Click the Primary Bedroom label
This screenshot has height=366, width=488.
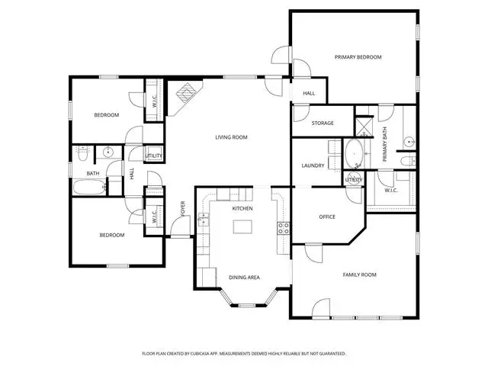coord(358,57)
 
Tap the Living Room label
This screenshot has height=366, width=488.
coord(231,137)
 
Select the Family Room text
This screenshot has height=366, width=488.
coord(359,274)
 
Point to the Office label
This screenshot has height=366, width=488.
coord(327,217)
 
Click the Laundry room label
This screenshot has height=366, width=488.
coord(313,165)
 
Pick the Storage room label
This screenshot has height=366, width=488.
coord(323,124)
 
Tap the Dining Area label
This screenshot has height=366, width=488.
coord(244,278)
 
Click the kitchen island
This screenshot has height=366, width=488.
coord(242,226)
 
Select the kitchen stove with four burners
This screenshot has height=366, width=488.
coord(284,228)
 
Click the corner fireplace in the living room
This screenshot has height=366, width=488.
coord(186,93)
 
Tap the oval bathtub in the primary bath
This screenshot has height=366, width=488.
coord(354,154)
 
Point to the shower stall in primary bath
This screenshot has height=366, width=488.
coord(364,126)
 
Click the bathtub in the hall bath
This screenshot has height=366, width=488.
coord(90,187)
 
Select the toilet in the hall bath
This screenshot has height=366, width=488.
coord(82,153)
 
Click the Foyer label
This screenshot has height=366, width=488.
coord(183,209)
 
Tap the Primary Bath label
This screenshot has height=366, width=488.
coord(384,144)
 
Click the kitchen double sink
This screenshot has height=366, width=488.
coord(203,219)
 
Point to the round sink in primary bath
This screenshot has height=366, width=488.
coord(409,143)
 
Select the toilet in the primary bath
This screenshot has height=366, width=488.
coord(408,161)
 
